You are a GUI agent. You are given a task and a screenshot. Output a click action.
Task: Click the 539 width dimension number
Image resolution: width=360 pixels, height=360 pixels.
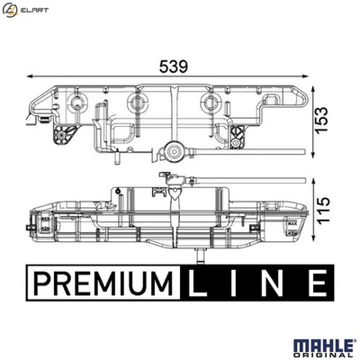(174, 67)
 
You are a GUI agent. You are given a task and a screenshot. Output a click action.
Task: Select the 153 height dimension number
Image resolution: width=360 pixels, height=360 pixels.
(322, 119)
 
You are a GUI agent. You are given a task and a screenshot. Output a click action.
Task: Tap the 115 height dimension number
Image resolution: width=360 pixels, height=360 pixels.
(323, 210)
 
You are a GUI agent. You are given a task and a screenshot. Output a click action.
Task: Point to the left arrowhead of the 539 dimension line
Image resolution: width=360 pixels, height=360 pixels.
(30, 76)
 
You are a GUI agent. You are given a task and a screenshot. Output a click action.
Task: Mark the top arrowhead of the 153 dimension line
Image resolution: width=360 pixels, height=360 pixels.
(312, 90)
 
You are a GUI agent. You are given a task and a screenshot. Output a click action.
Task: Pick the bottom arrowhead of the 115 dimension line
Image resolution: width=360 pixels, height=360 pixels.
(313, 233)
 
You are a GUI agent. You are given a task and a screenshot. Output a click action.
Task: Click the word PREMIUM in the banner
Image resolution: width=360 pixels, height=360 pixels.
(103, 283)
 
